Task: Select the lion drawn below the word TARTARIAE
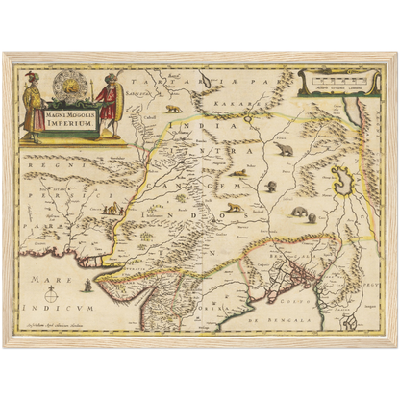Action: pos(173,108)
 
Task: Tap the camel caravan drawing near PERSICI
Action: pos(113,208)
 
